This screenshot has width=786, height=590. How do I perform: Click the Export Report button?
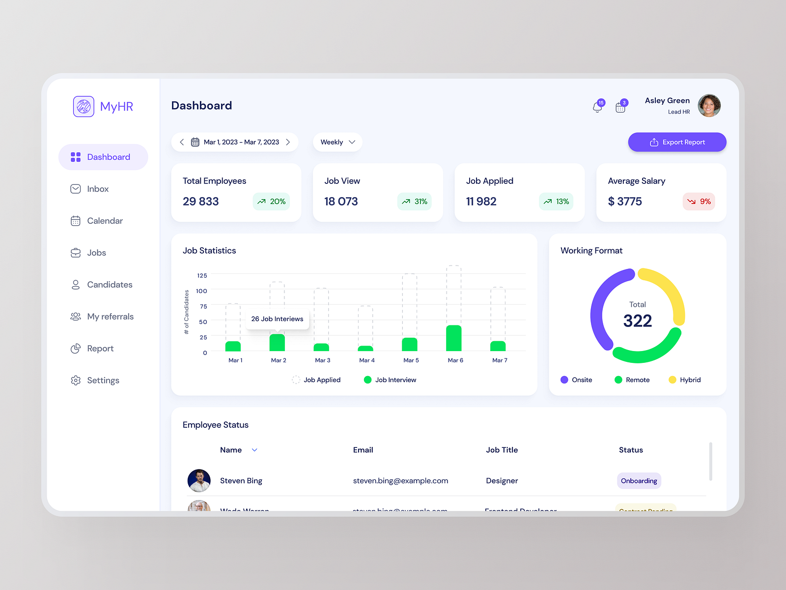pos(677,142)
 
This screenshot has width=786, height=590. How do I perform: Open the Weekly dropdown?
pos(337,142)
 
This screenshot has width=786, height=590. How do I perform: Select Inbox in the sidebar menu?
pos(98,189)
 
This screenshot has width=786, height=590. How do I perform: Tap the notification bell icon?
pos(597,107)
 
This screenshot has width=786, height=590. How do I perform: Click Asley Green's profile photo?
pos(709,106)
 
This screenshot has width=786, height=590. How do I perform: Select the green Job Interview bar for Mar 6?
pos(453,338)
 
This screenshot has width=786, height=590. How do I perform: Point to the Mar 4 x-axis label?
pos(366,360)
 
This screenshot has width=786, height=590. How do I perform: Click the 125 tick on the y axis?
pos(202,275)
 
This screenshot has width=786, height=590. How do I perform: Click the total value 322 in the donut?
pos(637,321)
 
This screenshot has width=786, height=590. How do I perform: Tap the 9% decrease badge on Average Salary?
pos(699,202)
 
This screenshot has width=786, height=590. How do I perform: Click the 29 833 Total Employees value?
pos(200,202)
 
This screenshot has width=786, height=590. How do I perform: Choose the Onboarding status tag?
pos(639,481)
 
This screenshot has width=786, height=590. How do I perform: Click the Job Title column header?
pos(502,450)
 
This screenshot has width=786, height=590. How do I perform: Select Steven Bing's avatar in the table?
pos(199,481)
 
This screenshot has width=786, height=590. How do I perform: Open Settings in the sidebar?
pos(103,381)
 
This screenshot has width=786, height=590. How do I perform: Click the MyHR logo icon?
pos(84,106)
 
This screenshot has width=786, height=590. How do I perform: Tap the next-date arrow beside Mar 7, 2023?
pos(288,142)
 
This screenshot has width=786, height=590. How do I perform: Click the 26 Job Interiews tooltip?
pos(277,319)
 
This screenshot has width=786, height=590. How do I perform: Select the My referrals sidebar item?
pos(110,317)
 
